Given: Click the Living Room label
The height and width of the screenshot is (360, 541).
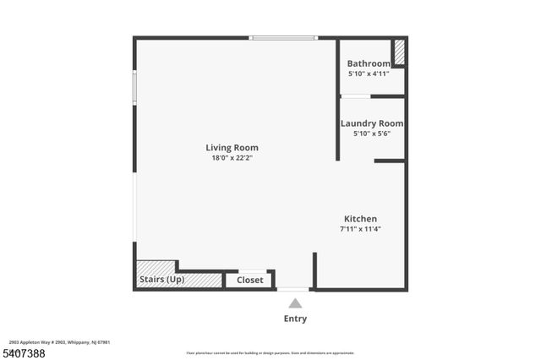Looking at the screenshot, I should pos(232,148).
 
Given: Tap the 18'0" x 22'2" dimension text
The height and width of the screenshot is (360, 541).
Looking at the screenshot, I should pos(232,158).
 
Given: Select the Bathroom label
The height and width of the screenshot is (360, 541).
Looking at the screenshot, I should pos(369,63).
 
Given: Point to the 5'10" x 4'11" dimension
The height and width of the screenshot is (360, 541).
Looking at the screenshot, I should pos(369,74).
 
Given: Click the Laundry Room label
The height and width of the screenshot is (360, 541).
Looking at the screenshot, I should pos(371,123).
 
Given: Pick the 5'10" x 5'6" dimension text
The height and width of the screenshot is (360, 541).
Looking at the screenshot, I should pos(371,134).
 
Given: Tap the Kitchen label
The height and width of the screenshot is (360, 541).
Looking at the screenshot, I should pos(360,219).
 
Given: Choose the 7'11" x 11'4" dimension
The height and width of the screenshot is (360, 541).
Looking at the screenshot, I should pos(360,229).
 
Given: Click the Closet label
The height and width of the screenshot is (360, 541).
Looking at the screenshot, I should pos(249,280).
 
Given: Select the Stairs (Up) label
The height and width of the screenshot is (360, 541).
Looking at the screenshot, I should pos(161,280).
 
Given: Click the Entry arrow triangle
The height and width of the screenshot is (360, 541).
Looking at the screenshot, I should pos(295,303).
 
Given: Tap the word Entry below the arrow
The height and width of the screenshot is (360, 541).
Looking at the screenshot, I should pos(295,319).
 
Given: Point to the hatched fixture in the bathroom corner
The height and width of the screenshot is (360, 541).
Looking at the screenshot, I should pos(399,52).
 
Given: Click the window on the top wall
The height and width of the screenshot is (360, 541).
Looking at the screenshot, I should pos(282,37).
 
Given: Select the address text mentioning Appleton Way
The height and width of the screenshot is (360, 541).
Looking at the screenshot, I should pos(59,342).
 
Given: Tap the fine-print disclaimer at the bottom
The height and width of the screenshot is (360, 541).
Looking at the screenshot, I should pos(270,353).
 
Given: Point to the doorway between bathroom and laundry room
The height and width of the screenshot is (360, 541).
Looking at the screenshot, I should pos(355,96).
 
